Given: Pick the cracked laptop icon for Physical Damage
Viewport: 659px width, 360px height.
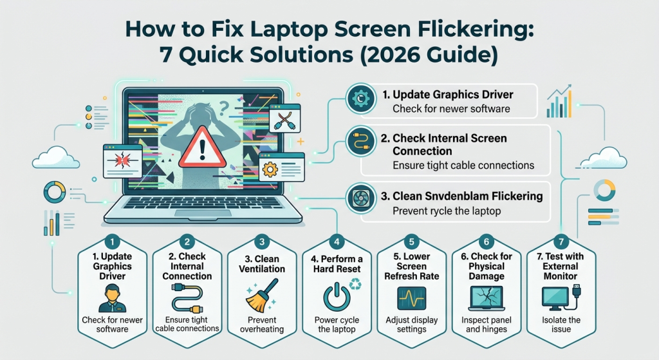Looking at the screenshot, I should [x=487, y=298].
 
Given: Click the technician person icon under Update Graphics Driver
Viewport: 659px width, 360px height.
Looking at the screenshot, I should [x=111, y=298].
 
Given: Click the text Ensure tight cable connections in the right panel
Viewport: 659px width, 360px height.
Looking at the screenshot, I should [x=463, y=166].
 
